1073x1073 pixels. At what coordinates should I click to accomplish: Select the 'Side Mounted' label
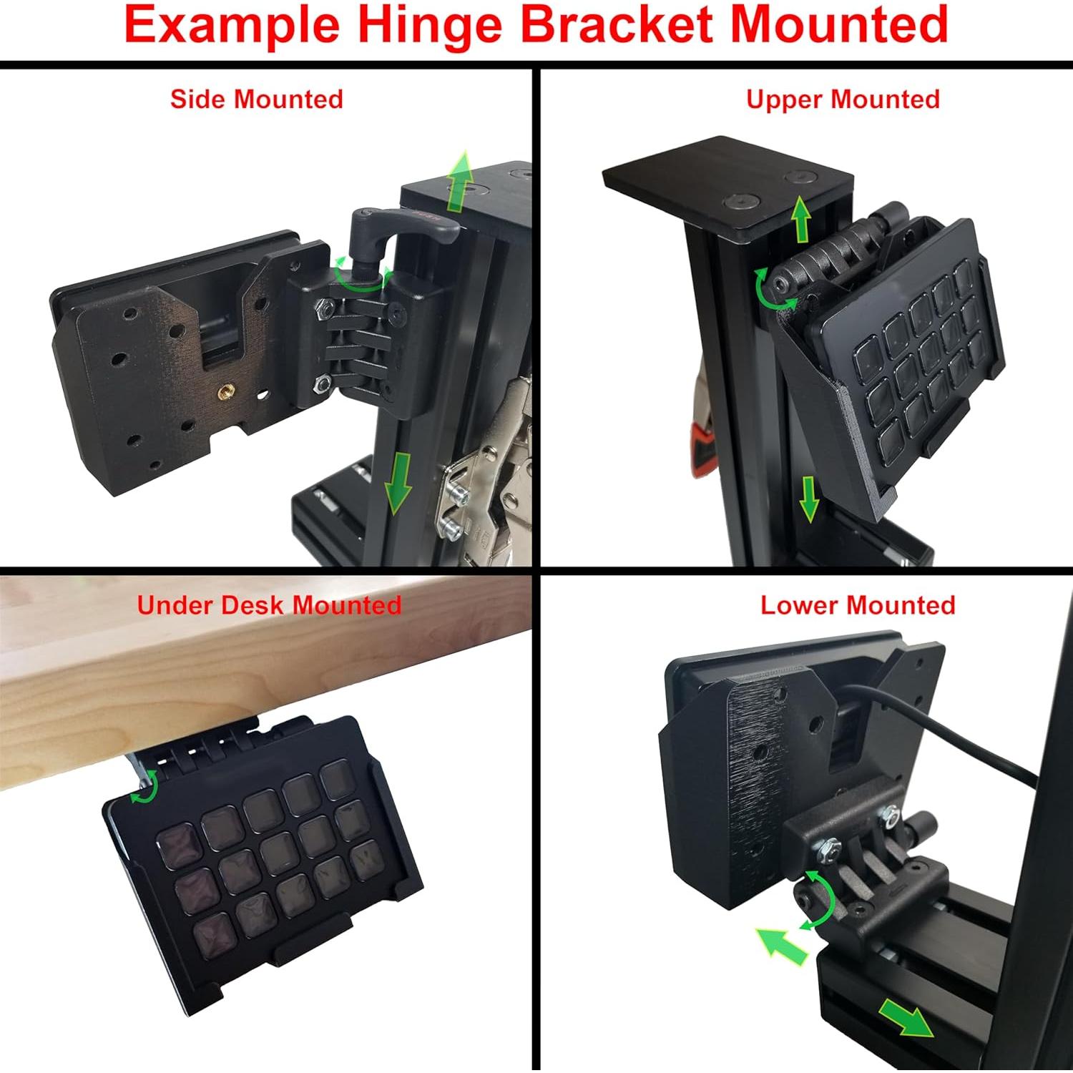(256, 99)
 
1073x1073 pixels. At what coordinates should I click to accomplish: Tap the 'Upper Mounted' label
(843, 99)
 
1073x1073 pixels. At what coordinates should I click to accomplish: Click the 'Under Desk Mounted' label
(269, 605)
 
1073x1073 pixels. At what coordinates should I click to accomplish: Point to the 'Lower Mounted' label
(858, 605)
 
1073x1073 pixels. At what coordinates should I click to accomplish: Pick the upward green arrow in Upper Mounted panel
(801, 220)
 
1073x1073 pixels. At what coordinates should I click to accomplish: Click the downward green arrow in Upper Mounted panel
(809, 499)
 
